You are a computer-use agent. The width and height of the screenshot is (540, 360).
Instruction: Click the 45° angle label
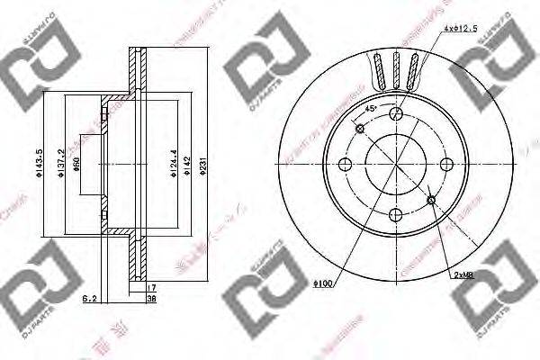(370, 109)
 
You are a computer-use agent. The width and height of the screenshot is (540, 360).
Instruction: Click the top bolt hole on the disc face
(397, 112)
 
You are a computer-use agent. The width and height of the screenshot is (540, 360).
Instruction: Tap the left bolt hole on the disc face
(345, 165)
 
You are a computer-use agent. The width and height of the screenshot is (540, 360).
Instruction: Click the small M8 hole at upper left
(360, 129)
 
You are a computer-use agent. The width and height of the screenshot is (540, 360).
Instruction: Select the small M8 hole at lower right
(433, 200)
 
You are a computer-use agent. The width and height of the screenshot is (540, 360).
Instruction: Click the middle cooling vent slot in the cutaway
(396, 68)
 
